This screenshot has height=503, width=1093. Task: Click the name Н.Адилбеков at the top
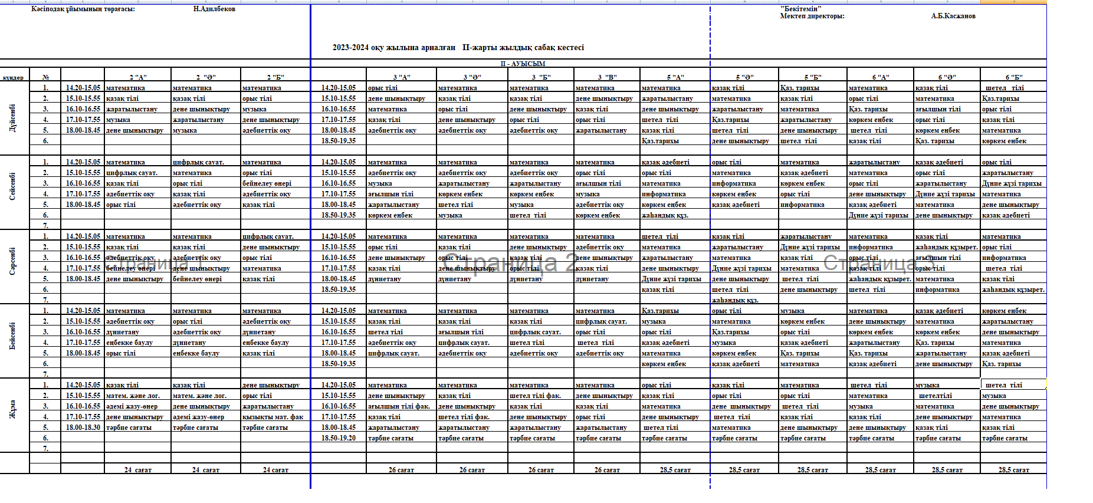[x=214, y=9]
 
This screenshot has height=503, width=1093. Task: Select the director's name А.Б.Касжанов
[x=953, y=16]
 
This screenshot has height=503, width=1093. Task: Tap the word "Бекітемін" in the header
[x=800, y=9]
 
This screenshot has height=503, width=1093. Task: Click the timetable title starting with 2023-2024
[x=458, y=47]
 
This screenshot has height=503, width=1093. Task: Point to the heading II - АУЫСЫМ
[x=523, y=64]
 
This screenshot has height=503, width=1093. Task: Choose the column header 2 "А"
[x=138, y=77]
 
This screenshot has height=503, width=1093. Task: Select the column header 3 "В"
[x=607, y=77]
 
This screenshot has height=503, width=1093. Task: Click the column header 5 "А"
[x=675, y=77]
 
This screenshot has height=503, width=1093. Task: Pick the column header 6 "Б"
[x=1014, y=77]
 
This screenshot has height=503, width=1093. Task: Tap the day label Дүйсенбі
[x=13, y=118]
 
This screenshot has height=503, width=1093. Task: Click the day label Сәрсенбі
[x=13, y=261]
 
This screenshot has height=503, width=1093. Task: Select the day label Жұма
[x=13, y=409]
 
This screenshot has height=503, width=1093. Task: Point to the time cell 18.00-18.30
[x=83, y=428]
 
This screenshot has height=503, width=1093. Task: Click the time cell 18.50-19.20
[x=339, y=438]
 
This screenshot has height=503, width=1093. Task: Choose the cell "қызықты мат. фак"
[x=273, y=417]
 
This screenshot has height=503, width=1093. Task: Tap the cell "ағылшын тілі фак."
[x=399, y=406]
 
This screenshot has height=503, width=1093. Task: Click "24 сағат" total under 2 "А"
[x=138, y=470]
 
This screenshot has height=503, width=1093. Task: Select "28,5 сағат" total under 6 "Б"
[x=1014, y=470]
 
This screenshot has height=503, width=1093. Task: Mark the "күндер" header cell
[x=13, y=77]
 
